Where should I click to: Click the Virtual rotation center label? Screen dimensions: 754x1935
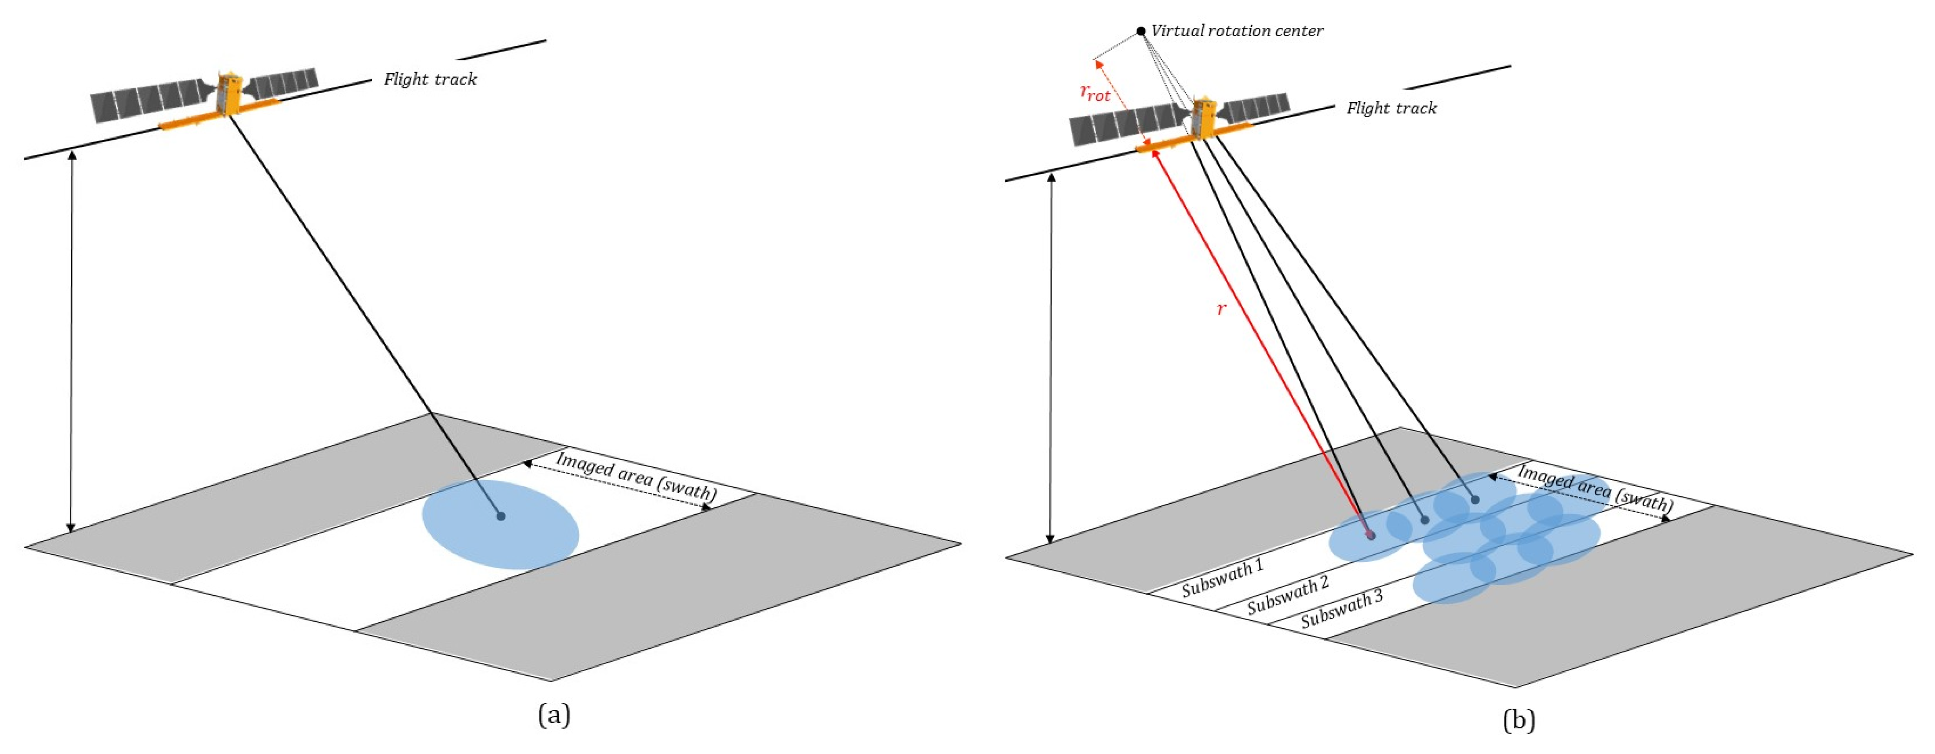pyautogui.click(x=1237, y=31)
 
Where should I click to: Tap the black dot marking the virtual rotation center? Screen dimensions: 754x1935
pyautogui.click(x=1140, y=31)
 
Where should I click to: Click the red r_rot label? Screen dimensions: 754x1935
pyautogui.click(x=1094, y=93)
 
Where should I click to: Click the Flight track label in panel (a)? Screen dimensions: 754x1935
pyautogui.click(x=430, y=79)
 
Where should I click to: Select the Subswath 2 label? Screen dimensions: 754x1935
pyautogui.click(x=1288, y=595)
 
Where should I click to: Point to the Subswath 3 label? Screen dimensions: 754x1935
pyautogui.click(x=1342, y=609)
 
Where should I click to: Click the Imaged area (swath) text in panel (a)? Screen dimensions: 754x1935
pyautogui.click(x=636, y=476)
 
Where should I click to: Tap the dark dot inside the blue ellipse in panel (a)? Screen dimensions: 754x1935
pyautogui.click(x=500, y=516)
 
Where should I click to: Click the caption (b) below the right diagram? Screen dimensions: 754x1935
pyautogui.click(x=1518, y=720)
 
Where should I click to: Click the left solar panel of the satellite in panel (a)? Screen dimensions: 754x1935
pyautogui.click(x=146, y=103)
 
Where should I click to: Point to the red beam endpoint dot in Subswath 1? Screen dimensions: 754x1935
pyautogui.click(x=1370, y=535)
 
